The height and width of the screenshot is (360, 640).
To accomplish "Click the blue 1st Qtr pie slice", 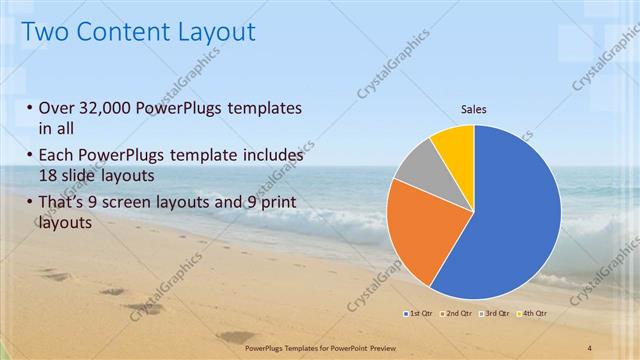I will (x=510, y=220).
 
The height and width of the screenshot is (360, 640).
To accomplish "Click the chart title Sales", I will (x=473, y=109).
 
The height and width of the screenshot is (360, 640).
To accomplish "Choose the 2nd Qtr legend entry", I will (x=457, y=314).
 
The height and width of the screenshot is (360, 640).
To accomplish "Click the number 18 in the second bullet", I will (x=48, y=174).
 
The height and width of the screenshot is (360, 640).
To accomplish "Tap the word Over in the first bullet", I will (x=55, y=108).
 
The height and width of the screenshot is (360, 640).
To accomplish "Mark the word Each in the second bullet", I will (x=55, y=156).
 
